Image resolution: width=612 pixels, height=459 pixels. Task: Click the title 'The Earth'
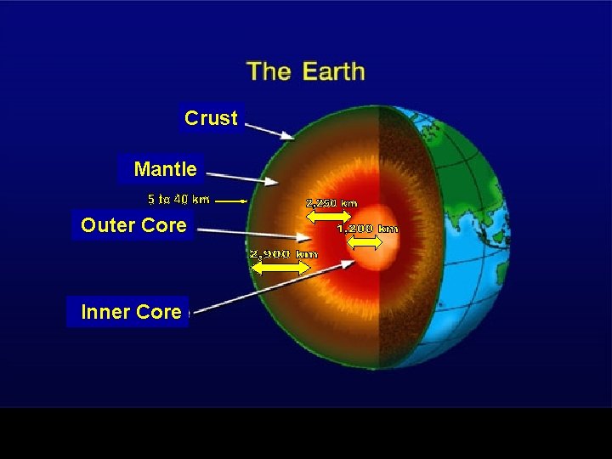(305, 71)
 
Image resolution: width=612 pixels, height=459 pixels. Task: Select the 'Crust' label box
(211, 118)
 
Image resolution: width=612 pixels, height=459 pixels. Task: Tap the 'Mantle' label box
(165, 169)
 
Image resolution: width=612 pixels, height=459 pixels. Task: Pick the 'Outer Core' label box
(133, 225)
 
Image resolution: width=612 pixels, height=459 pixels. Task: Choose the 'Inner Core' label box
(130, 312)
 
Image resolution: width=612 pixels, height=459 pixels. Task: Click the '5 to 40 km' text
(178, 200)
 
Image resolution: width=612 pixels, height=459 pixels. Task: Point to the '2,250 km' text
(331, 203)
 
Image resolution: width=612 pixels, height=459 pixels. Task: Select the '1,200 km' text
(367, 229)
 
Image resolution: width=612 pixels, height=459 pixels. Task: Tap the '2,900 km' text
(283, 253)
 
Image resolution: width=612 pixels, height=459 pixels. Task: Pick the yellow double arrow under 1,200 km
(366, 243)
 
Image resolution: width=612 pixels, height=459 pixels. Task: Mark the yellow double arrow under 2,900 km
(281, 267)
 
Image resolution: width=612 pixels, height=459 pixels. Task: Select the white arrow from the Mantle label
(242, 178)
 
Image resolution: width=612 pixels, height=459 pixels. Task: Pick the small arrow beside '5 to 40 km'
(229, 201)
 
